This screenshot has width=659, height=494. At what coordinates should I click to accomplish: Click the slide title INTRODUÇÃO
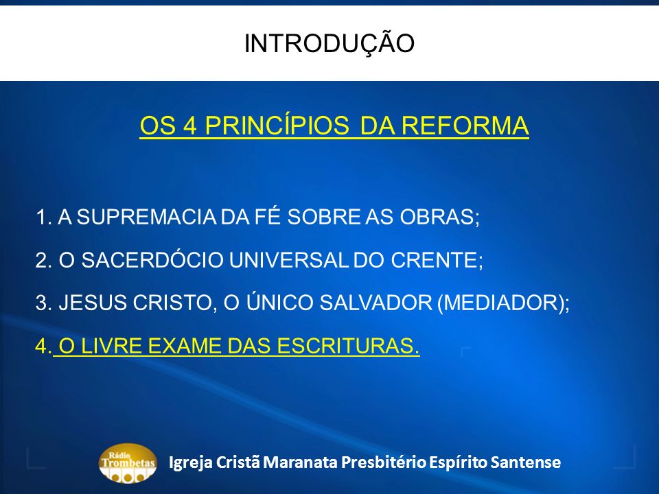(329, 44)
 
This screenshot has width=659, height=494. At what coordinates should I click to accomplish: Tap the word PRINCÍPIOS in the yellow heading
(277, 125)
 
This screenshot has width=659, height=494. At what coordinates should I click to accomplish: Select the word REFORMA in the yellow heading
(465, 126)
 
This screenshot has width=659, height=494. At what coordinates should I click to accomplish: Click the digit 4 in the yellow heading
(189, 126)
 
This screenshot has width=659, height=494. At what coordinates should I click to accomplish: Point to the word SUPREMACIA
(147, 217)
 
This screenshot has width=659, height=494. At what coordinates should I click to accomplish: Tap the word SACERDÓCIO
(152, 259)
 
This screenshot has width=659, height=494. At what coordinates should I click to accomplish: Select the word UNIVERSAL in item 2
(289, 260)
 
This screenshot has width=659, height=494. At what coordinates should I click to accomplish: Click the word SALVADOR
(375, 303)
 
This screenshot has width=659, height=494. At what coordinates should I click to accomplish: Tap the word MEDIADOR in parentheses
(500, 303)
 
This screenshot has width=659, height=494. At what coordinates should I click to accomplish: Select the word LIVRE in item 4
(111, 346)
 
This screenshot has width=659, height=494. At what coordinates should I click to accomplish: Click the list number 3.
(41, 303)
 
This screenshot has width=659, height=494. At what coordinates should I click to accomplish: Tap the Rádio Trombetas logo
(128, 463)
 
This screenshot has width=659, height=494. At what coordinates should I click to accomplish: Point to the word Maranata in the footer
(300, 462)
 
